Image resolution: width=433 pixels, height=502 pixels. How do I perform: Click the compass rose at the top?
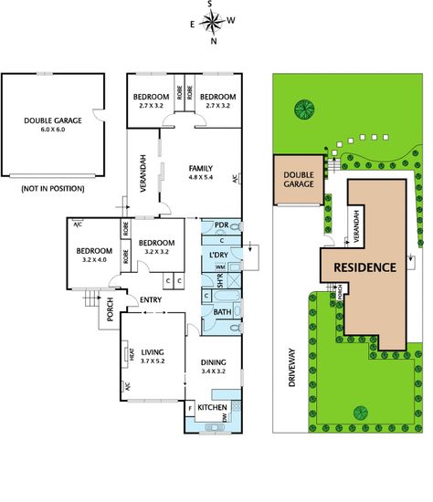pos(212,22)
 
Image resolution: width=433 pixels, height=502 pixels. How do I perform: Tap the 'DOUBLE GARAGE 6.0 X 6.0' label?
pos(53,124)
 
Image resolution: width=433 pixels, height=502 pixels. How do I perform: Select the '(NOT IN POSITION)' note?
pos(53,188)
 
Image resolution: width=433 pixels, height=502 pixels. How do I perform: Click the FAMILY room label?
pos(201,173)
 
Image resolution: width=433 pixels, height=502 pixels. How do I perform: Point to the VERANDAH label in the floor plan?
pos(143,173)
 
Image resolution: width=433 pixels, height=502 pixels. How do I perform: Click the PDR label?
pos(221,225)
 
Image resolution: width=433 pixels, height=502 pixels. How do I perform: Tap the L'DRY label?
pos(218,255)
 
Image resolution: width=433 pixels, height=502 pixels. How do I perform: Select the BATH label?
pos(222,311)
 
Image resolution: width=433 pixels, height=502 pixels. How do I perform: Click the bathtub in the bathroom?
pos(227,296)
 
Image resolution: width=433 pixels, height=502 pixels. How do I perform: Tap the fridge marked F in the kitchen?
pos(190,409)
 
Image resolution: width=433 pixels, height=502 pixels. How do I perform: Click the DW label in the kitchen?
pos(225,417)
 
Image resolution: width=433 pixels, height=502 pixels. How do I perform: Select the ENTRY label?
pos(151,299)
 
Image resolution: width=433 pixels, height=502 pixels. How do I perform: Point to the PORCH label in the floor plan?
pos(110,309)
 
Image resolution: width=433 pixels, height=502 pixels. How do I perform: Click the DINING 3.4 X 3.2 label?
pos(213,367)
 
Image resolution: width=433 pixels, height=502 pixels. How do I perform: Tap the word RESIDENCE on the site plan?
pos(365,267)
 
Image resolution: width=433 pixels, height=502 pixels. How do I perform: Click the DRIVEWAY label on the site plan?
pos(291,368)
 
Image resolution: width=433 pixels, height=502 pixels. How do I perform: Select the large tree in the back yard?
pos(304,110)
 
